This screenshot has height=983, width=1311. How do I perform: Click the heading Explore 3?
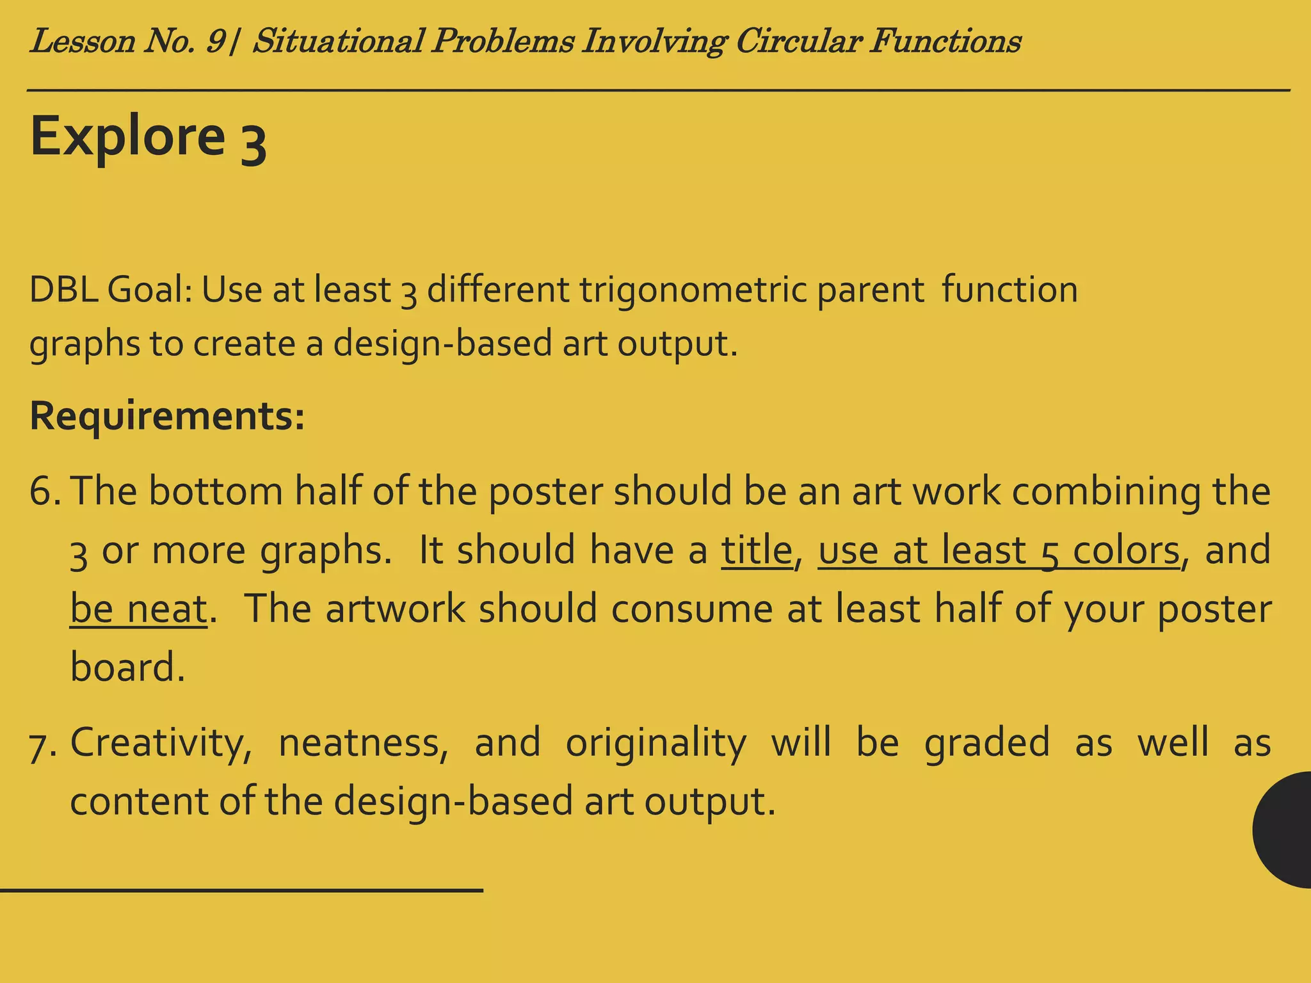[148, 137]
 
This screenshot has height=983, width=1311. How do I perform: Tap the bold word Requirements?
[167, 416]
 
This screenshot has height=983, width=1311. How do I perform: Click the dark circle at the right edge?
[1283, 829]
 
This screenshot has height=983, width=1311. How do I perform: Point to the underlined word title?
[757, 550]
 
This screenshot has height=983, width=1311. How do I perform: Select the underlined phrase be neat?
[138, 609]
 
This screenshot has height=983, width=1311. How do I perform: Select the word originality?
[655, 742]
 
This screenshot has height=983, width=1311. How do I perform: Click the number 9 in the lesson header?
[216, 42]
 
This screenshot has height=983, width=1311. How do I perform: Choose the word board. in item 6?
[127, 667]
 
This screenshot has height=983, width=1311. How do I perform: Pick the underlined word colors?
[1125, 550]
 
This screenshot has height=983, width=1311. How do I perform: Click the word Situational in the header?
[339, 42]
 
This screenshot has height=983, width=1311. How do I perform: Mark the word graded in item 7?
[986, 742]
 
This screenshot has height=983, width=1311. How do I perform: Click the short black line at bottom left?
[241, 890]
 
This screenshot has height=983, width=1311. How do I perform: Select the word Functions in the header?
[944, 42]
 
